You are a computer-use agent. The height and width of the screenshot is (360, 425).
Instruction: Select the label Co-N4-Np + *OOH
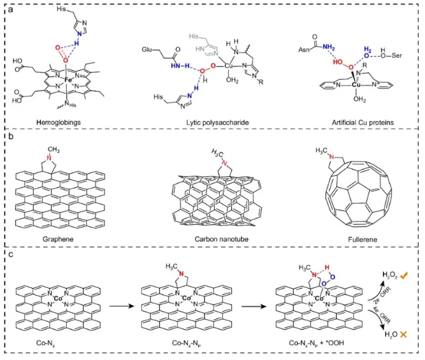click(x=314, y=343)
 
